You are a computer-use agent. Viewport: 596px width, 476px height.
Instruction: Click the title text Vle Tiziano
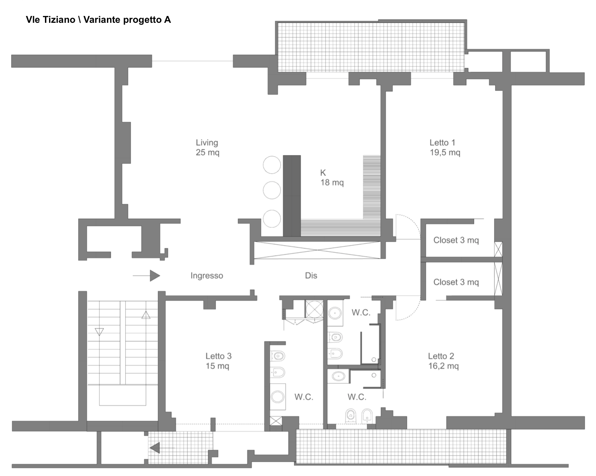click(50, 20)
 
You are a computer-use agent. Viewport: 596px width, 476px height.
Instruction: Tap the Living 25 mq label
click(207, 147)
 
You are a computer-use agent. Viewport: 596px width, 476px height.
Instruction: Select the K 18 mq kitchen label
click(332, 178)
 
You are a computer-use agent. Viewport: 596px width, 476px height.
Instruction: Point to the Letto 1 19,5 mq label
click(445, 147)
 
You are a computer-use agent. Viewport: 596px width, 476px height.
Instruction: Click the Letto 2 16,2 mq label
click(443, 361)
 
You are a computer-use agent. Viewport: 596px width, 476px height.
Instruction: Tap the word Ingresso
click(207, 275)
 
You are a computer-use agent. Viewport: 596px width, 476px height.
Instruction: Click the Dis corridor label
click(311, 275)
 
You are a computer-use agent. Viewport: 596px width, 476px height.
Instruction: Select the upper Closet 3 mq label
click(456, 240)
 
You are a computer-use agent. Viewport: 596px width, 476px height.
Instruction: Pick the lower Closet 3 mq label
click(456, 282)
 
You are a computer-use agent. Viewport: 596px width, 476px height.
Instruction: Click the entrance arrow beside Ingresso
click(146, 276)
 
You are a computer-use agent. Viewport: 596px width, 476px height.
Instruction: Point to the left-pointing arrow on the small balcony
click(162, 448)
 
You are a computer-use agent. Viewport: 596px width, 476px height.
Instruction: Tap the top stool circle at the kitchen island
click(272, 165)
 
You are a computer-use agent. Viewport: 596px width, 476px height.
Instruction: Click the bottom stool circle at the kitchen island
click(272, 219)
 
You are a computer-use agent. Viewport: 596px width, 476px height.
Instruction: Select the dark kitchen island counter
click(292, 196)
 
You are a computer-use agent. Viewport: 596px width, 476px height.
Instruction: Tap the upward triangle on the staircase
click(146, 315)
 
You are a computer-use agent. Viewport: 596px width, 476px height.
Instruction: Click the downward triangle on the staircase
click(99, 332)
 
